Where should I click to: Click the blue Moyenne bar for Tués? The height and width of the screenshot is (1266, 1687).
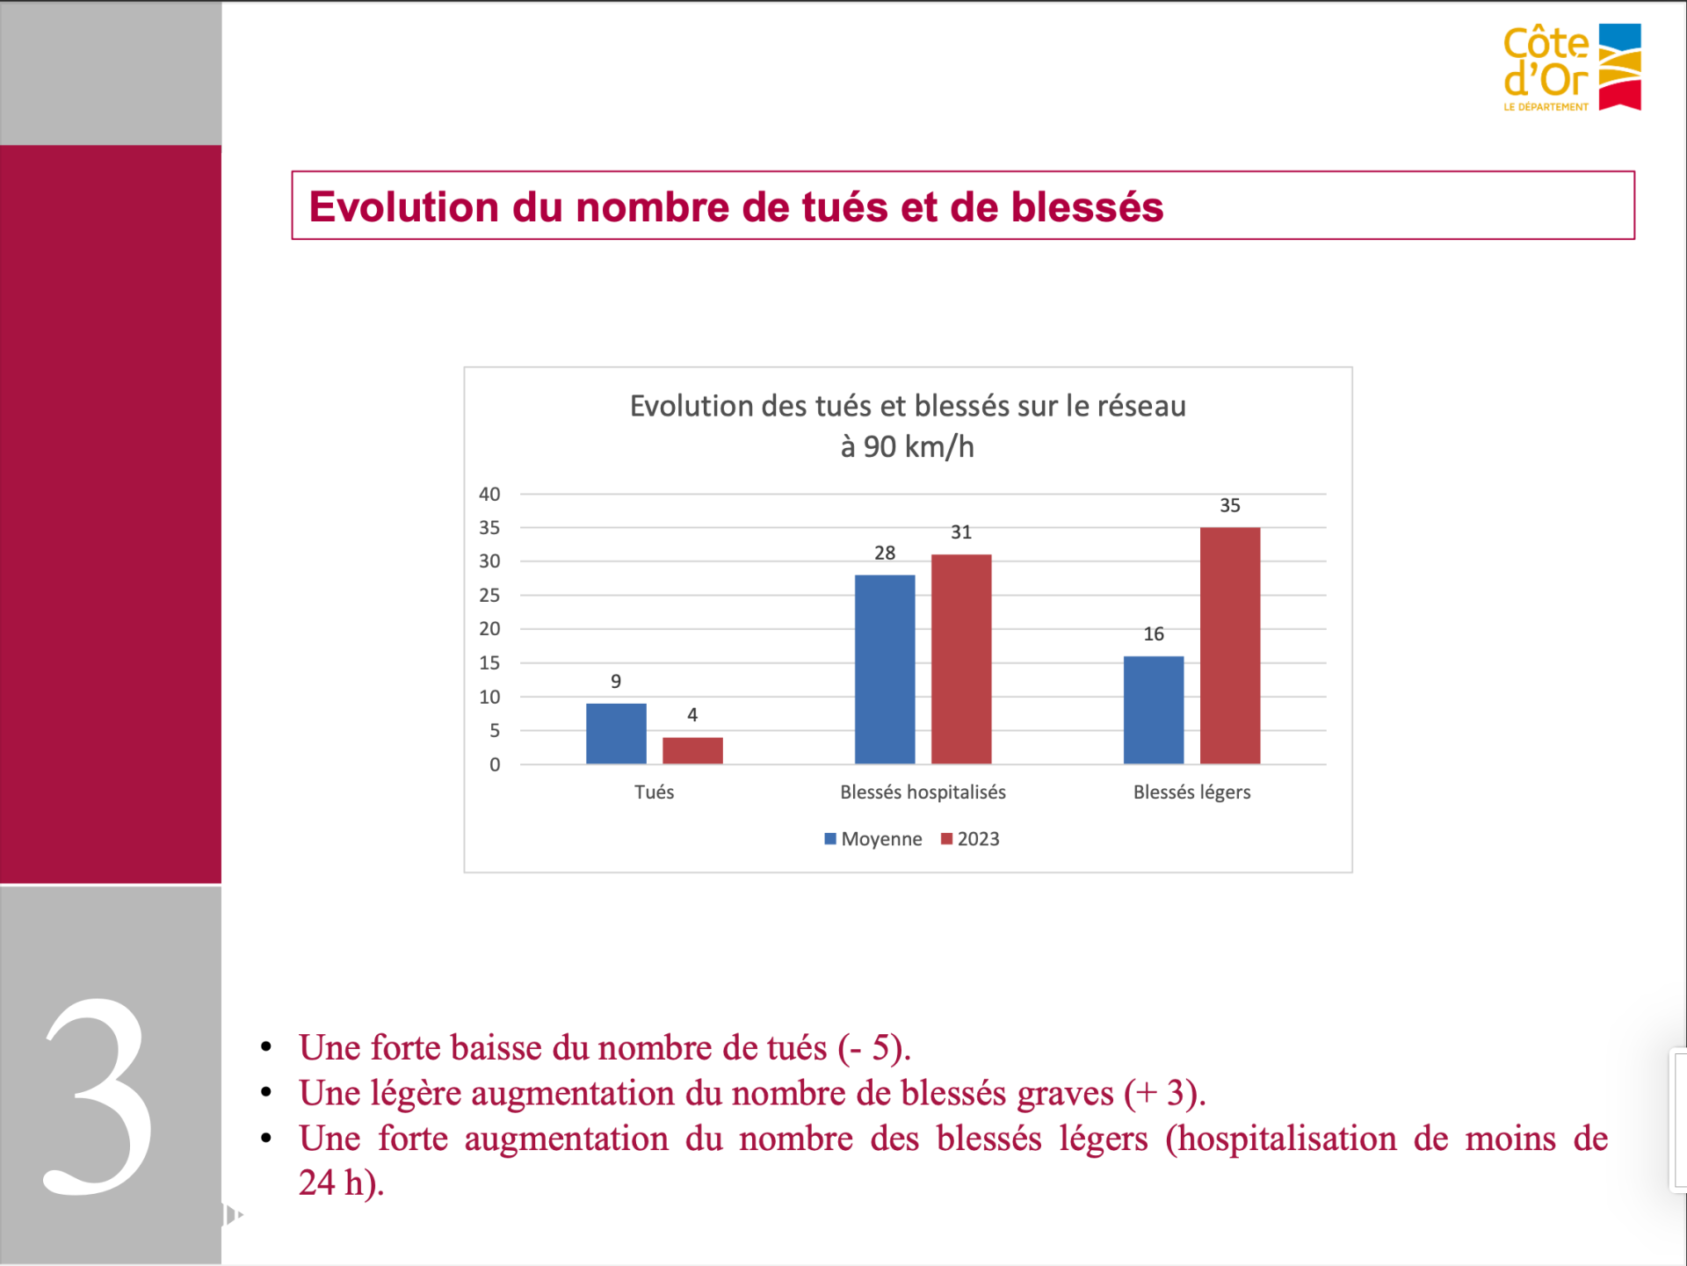click(616, 734)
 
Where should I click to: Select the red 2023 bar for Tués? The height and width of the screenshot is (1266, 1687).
click(692, 751)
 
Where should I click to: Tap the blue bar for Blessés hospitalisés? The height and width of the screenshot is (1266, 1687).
click(885, 669)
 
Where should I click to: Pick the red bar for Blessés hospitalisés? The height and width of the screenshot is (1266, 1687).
click(961, 659)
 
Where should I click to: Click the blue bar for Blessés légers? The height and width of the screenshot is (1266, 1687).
click(1154, 710)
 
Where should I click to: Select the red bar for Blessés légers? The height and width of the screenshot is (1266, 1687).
click(1230, 646)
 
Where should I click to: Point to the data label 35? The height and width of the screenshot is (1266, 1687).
click(1230, 505)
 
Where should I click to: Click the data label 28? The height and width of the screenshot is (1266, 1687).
click(885, 553)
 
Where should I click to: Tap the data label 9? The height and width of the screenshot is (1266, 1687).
click(616, 681)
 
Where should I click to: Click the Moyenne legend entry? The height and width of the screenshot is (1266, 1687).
click(873, 839)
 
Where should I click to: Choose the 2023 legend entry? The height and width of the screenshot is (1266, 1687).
click(970, 839)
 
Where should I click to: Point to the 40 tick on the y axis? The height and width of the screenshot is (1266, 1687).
click(489, 494)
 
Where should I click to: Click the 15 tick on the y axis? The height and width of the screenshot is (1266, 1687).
click(489, 663)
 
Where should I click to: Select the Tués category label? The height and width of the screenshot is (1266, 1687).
click(655, 792)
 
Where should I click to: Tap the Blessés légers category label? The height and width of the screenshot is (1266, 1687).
click(1192, 792)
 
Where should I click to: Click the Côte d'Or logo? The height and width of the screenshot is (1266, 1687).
click(1572, 68)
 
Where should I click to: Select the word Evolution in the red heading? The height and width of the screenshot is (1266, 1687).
click(404, 207)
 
